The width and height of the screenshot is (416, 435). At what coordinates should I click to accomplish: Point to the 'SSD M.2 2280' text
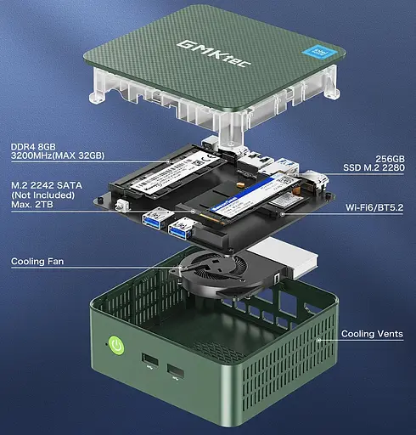coord(374,167)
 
